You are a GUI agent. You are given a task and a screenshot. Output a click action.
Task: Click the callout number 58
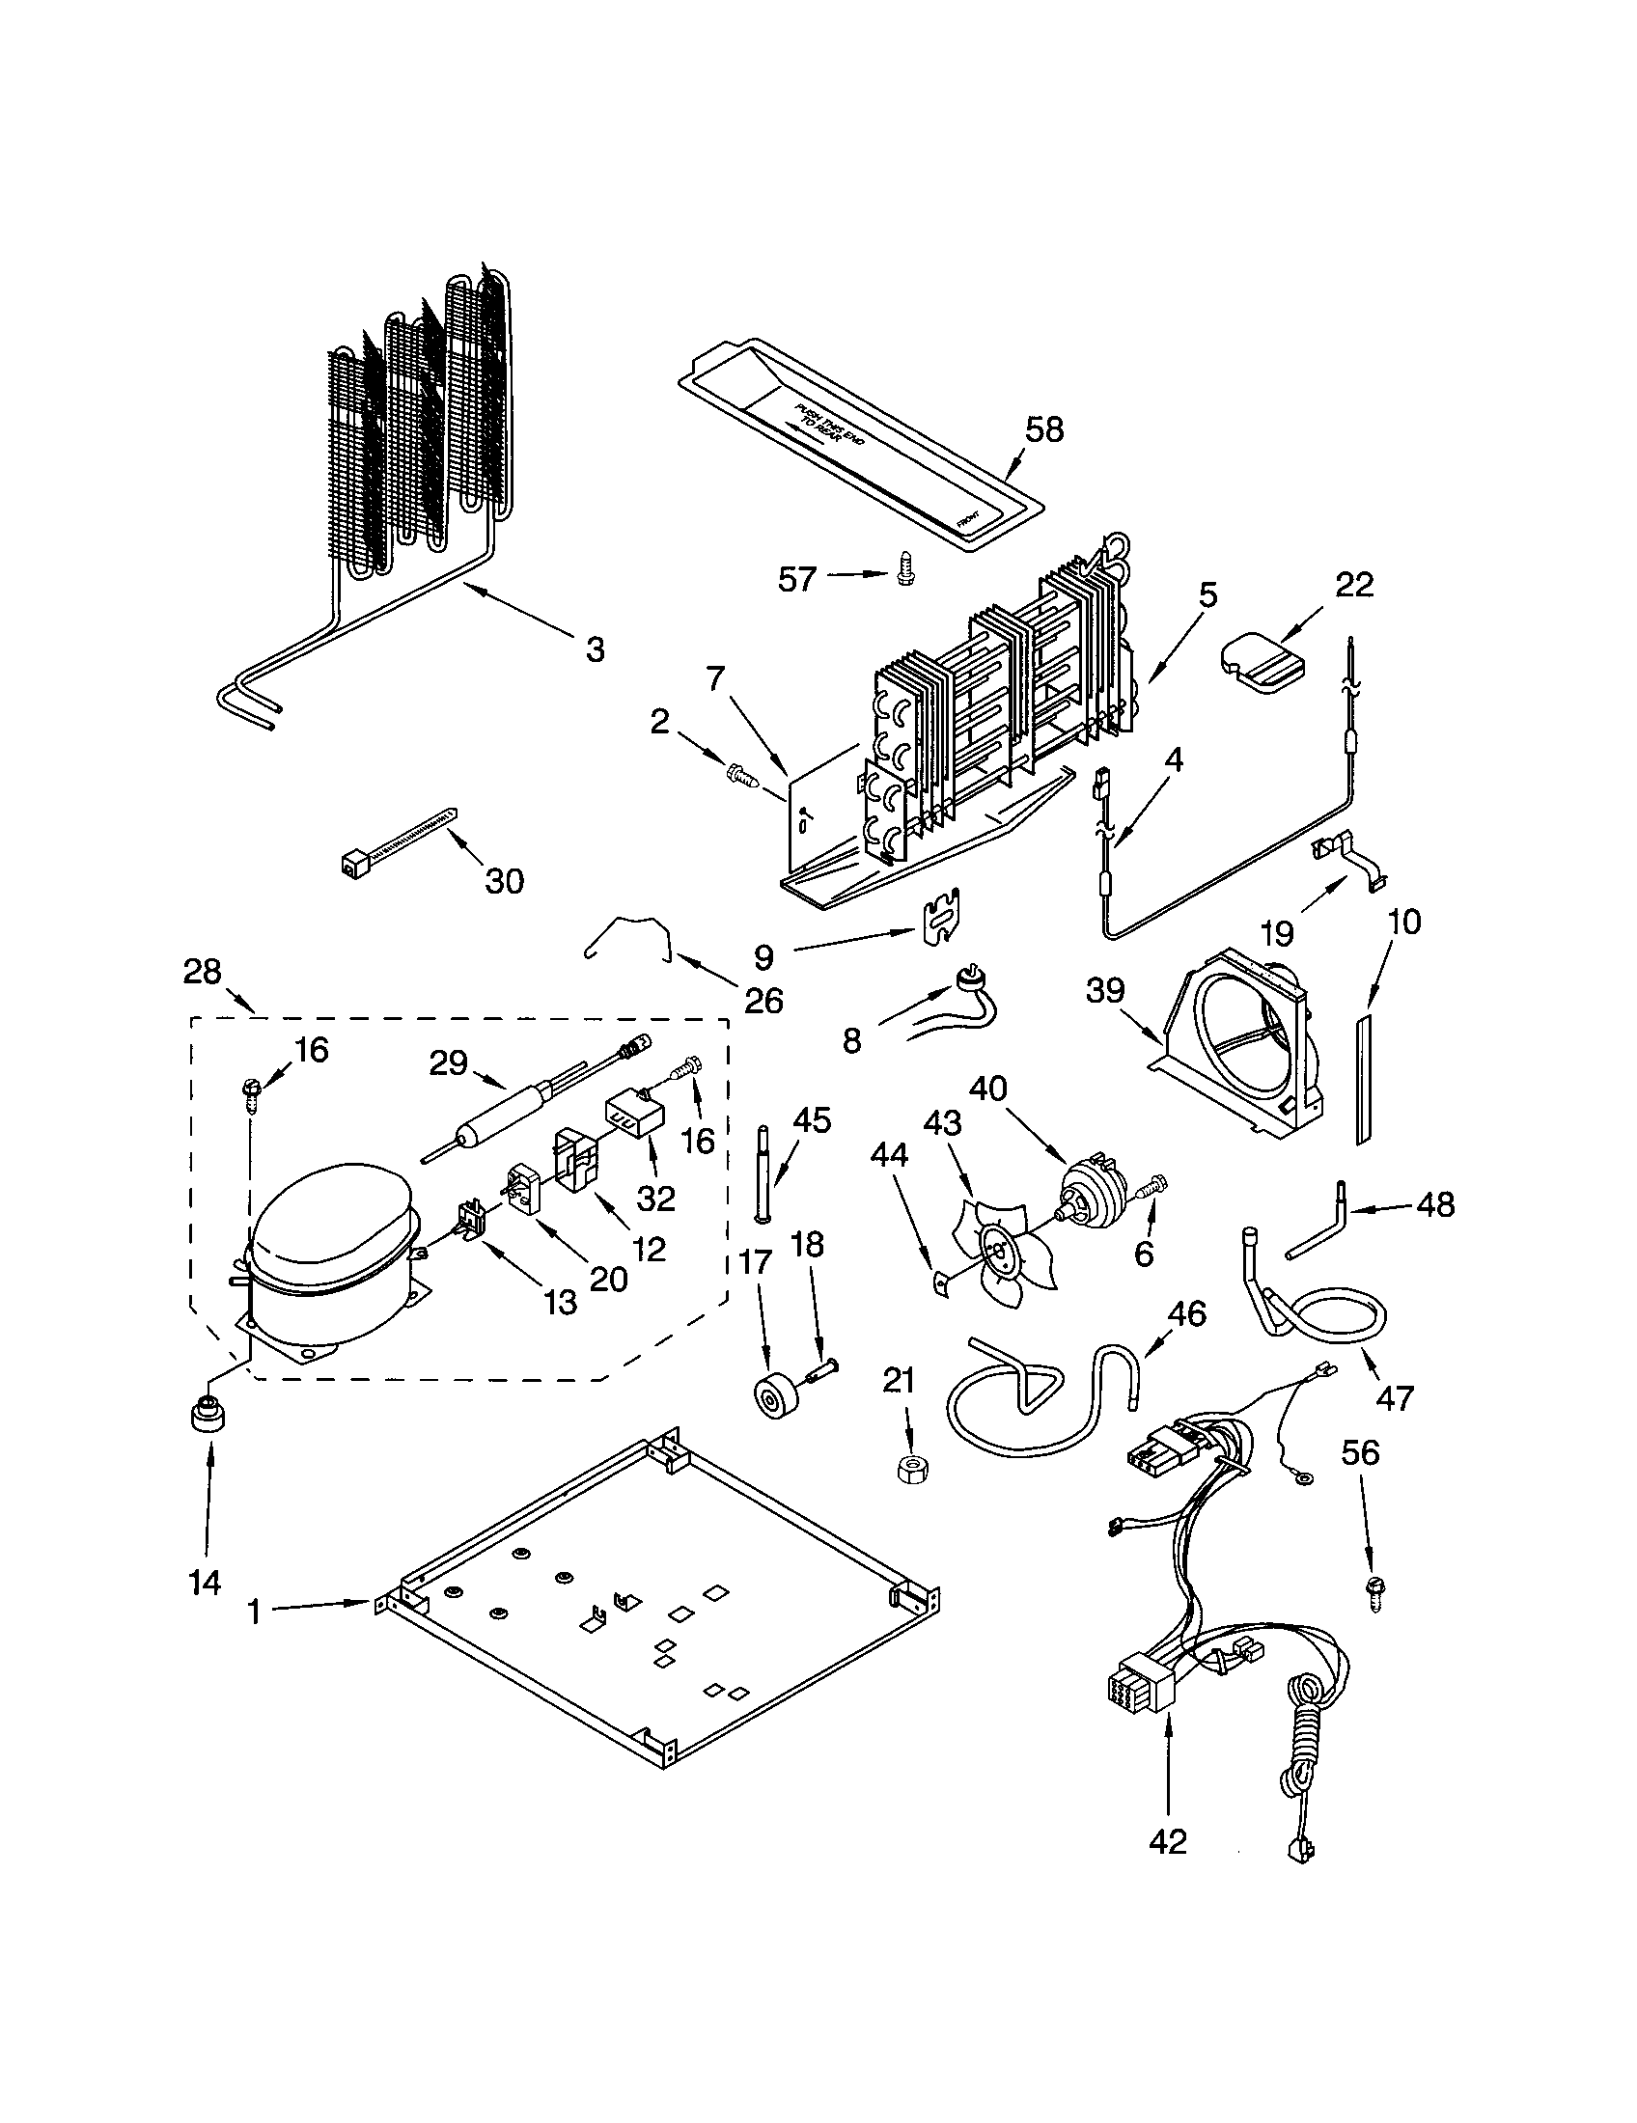[1044, 429]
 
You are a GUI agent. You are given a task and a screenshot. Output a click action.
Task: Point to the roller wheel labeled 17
[776, 1396]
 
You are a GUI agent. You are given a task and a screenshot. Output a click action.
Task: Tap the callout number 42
[1167, 1840]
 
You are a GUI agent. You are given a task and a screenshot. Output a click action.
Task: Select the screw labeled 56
[1376, 1592]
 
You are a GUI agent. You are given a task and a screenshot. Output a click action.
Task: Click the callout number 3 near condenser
[595, 648]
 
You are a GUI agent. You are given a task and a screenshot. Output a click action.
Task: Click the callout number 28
[202, 971]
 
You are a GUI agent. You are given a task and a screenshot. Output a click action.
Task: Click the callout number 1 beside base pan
[254, 1613]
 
